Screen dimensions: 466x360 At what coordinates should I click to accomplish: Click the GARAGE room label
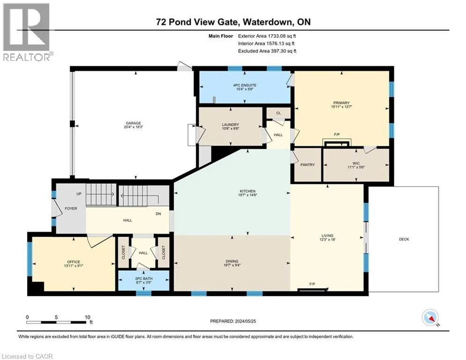(x=133, y=123)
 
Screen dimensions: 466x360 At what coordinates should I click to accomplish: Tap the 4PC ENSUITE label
(x=244, y=85)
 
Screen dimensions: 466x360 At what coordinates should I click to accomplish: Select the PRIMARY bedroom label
(x=341, y=103)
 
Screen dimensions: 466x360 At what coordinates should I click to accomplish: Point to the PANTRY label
(x=307, y=165)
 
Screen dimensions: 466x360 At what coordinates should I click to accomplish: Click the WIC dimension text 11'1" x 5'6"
(x=356, y=167)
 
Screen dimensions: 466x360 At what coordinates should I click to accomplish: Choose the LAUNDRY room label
(x=230, y=125)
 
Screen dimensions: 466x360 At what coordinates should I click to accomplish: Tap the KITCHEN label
(x=248, y=191)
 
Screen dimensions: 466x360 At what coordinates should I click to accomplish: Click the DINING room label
(x=232, y=261)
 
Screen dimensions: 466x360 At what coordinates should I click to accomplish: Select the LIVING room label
(x=327, y=235)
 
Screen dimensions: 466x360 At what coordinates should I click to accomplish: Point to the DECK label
(x=404, y=239)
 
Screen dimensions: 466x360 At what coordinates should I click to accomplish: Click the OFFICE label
(x=74, y=262)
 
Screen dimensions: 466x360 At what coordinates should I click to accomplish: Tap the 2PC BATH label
(x=144, y=278)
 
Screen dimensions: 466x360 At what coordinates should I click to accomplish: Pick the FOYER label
(x=71, y=208)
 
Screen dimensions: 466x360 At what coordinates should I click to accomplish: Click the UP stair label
(x=79, y=194)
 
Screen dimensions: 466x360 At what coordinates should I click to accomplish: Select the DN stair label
(x=158, y=214)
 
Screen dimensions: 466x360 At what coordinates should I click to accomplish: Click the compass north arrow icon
(x=430, y=318)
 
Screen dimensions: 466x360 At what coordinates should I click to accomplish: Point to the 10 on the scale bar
(x=88, y=317)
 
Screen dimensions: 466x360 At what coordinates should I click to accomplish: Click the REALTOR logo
(x=27, y=32)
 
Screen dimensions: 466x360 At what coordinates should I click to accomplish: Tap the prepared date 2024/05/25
(x=245, y=321)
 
